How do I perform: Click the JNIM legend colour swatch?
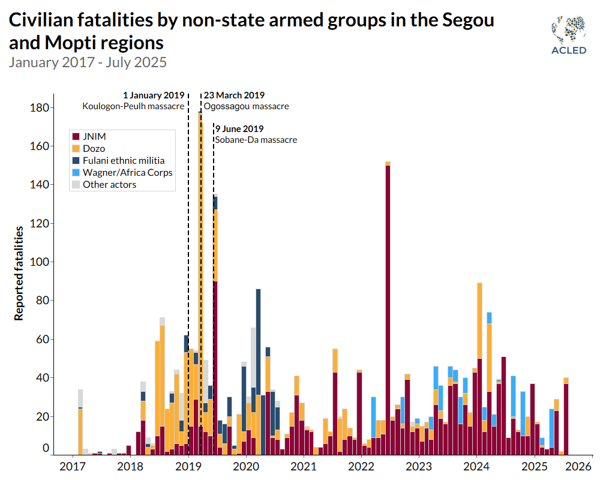[x=76, y=136]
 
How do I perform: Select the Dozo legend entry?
[x=94, y=148]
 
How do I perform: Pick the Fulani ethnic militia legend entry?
[x=123, y=160]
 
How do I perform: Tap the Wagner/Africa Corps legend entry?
[x=127, y=172]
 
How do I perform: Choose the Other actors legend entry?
[x=109, y=184]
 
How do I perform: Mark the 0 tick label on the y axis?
[x=46, y=448]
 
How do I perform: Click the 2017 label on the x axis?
[x=73, y=466]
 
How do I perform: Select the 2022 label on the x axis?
[x=361, y=466]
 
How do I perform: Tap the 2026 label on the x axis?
[x=575, y=466]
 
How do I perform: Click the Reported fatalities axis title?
[x=19, y=273]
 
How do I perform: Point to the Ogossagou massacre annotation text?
[x=246, y=106]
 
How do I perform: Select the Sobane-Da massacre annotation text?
[x=256, y=140]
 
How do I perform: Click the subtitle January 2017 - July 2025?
[x=88, y=62]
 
